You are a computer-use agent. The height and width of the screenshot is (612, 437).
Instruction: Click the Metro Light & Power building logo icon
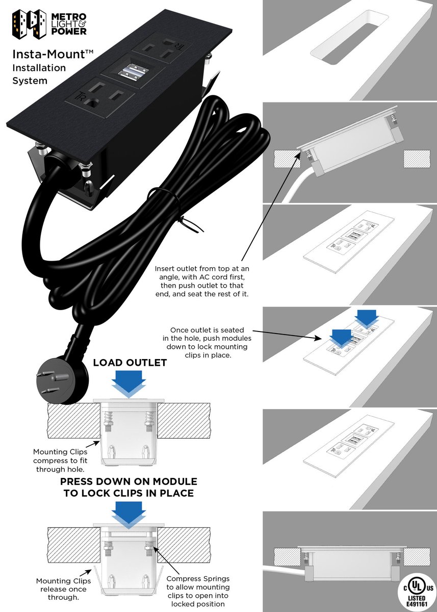(28, 23)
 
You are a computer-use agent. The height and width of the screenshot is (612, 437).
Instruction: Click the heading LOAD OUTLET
(130, 363)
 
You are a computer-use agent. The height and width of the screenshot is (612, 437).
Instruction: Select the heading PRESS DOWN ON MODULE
(128, 482)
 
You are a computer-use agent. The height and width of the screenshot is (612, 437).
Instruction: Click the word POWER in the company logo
(69, 32)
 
